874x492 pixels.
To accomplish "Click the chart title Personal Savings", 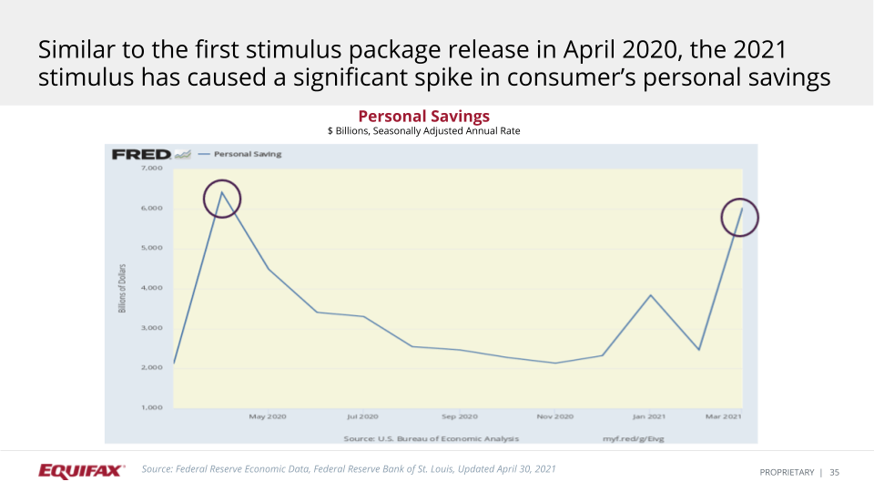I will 423,117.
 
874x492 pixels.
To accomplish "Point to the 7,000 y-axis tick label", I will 151,169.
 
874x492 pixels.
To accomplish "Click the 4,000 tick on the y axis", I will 151,288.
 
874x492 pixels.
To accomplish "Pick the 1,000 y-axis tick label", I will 151,407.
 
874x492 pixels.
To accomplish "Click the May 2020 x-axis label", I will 268,416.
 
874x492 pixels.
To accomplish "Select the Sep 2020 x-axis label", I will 459,416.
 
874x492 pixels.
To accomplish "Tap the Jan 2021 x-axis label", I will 650,416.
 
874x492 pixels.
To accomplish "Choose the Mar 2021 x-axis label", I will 725,416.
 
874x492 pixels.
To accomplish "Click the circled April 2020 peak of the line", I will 221,193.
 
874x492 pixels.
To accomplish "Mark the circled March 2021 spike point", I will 742,209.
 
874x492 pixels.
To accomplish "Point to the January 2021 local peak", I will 651,295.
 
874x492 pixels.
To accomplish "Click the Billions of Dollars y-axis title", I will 122,289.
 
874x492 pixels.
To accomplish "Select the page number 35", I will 834,472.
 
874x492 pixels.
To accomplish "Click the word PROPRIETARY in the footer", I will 787,472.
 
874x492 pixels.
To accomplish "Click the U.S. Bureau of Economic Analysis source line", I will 431,438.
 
